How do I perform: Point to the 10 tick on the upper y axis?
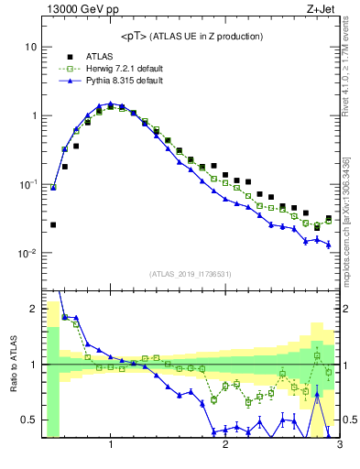click(x=31, y=47)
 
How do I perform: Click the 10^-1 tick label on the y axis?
click(x=27, y=185)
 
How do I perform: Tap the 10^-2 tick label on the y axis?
click(x=27, y=254)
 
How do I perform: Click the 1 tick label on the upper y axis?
click(x=33, y=116)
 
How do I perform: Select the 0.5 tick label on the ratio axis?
click(x=29, y=420)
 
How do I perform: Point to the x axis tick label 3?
click(x=340, y=446)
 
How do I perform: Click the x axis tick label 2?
click(x=225, y=446)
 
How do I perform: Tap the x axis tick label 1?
click(x=111, y=446)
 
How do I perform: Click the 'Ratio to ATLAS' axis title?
click(x=12, y=363)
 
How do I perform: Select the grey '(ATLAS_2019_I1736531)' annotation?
click(x=191, y=274)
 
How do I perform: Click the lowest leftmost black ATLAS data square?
click(x=53, y=224)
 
